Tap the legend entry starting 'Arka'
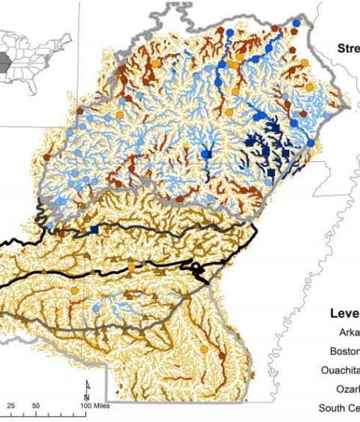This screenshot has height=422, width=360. [x=346, y=333]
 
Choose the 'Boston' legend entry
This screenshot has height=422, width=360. [x=344, y=351]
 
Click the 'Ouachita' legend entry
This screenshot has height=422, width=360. [x=340, y=370]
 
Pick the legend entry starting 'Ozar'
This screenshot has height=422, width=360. [x=347, y=389]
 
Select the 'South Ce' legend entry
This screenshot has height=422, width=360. [x=339, y=409]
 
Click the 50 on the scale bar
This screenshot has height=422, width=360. [x=36, y=406]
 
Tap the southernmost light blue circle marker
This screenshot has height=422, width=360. [x=97, y=307]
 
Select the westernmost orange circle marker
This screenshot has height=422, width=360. [x=74, y=291]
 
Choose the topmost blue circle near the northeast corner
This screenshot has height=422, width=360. [x=295, y=24]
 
